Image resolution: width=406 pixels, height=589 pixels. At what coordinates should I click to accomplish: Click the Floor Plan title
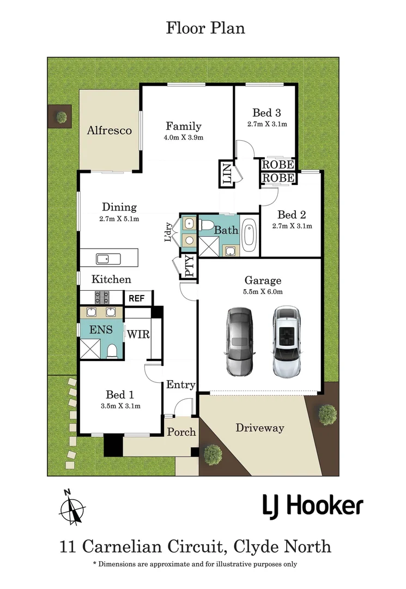pyautogui.click(x=205, y=28)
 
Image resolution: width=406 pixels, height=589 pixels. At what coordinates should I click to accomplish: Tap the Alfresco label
pyautogui.click(x=110, y=131)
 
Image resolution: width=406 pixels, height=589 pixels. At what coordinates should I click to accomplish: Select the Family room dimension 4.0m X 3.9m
pyautogui.click(x=183, y=137)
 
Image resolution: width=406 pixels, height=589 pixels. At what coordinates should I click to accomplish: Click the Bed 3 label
pyautogui.click(x=266, y=113)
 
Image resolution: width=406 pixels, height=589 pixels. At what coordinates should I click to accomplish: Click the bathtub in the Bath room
pyautogui.click(x=249, y=235)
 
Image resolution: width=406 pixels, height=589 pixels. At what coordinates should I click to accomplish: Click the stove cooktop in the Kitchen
pyautogui.click(x=102, y=298)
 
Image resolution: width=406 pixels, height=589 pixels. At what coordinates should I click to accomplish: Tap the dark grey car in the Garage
pyautogui.click(x=240, y=341)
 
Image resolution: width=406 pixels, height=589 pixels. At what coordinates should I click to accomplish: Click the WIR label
pyautogui.click(x=138, y=334)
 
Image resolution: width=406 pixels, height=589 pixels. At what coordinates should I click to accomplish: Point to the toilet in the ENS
pyautogui.click(x=112, y=350)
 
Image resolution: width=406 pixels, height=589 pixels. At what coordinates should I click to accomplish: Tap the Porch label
pyautogui.click(x=181, y=432)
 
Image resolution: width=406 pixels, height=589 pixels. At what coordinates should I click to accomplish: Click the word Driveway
pyautogui.click(x=259, y=428)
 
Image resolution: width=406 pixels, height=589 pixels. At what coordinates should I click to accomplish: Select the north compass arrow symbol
pyautogui.click(x=71, y=508)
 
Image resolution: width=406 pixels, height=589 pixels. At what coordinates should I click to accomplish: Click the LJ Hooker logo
pyautogui.click(x=312, y=506)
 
